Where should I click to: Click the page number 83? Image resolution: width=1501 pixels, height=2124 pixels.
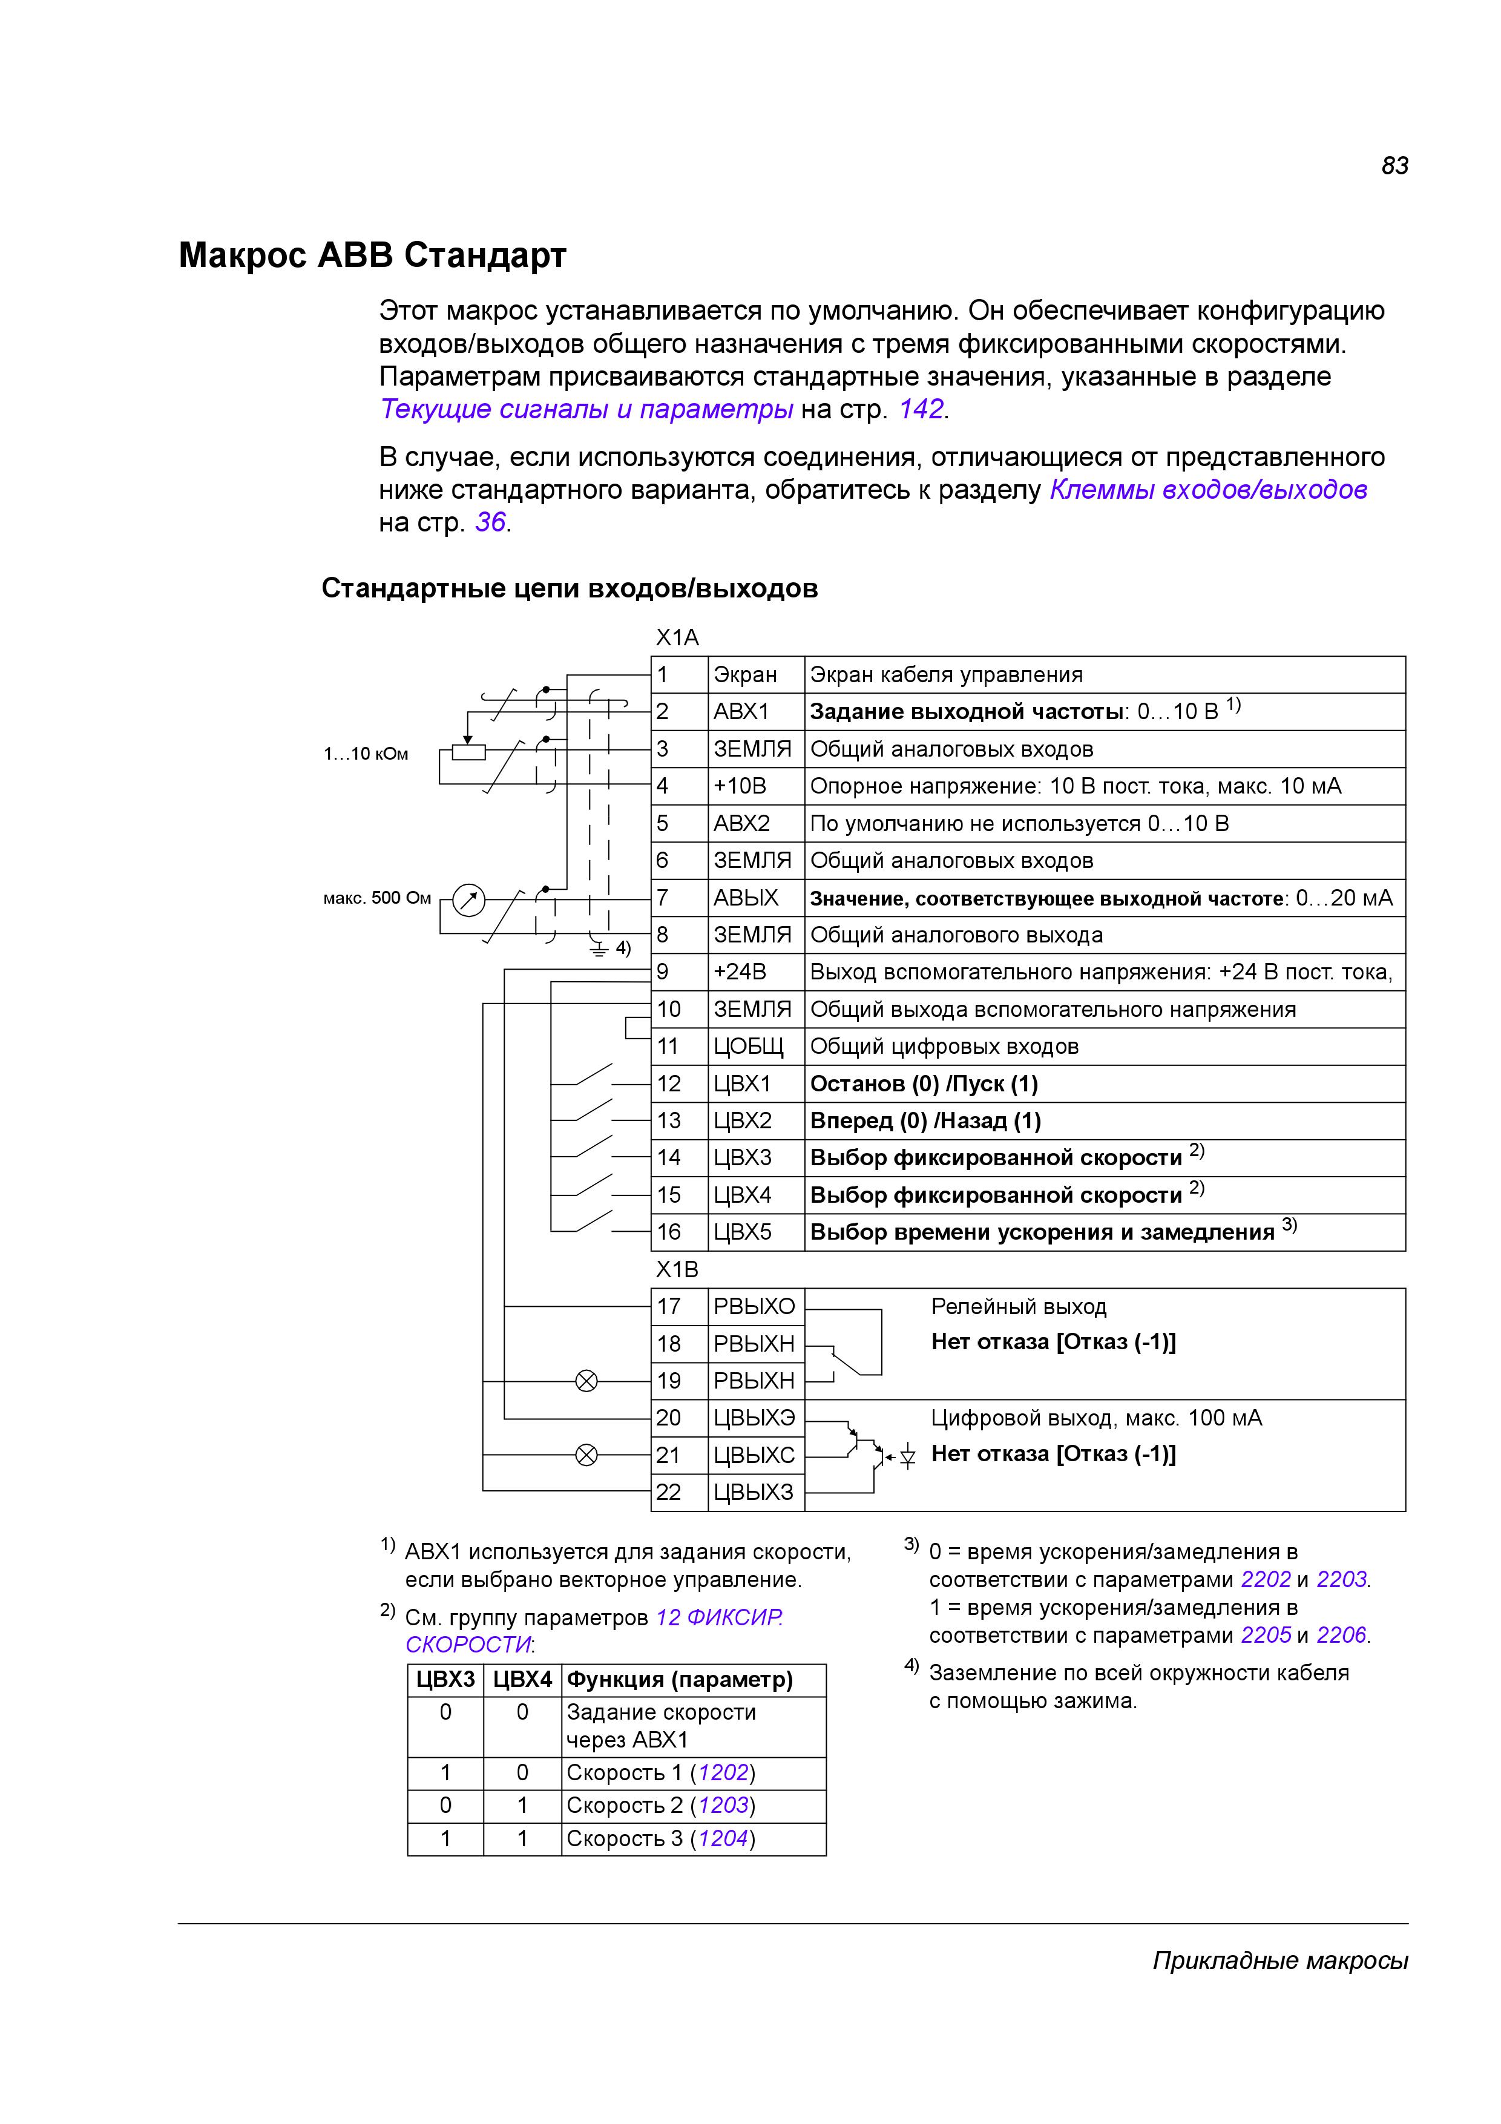(1394, 166)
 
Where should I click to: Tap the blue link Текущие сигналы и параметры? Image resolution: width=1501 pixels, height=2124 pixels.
(586, 409)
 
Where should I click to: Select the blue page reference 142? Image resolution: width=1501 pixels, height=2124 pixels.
(921, 409)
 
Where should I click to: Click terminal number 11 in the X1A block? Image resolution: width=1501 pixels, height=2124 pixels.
(668, 1047)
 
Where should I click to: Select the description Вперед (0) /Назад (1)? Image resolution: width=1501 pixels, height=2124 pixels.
(925, 1120)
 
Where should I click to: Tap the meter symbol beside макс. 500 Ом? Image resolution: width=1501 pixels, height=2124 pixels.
(469, 900)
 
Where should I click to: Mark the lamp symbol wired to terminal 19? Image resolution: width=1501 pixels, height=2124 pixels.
(586, 1381)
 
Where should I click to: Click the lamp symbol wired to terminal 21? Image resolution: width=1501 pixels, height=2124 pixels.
(586, 1455)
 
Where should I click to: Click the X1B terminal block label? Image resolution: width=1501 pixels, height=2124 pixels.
(677, 1269)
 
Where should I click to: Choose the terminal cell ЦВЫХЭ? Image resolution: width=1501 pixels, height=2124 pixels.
(754, 1418)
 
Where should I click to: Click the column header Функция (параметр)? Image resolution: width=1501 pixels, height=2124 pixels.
(680, 1679)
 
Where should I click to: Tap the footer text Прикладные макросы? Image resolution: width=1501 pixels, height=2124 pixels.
(1279, 1960)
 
